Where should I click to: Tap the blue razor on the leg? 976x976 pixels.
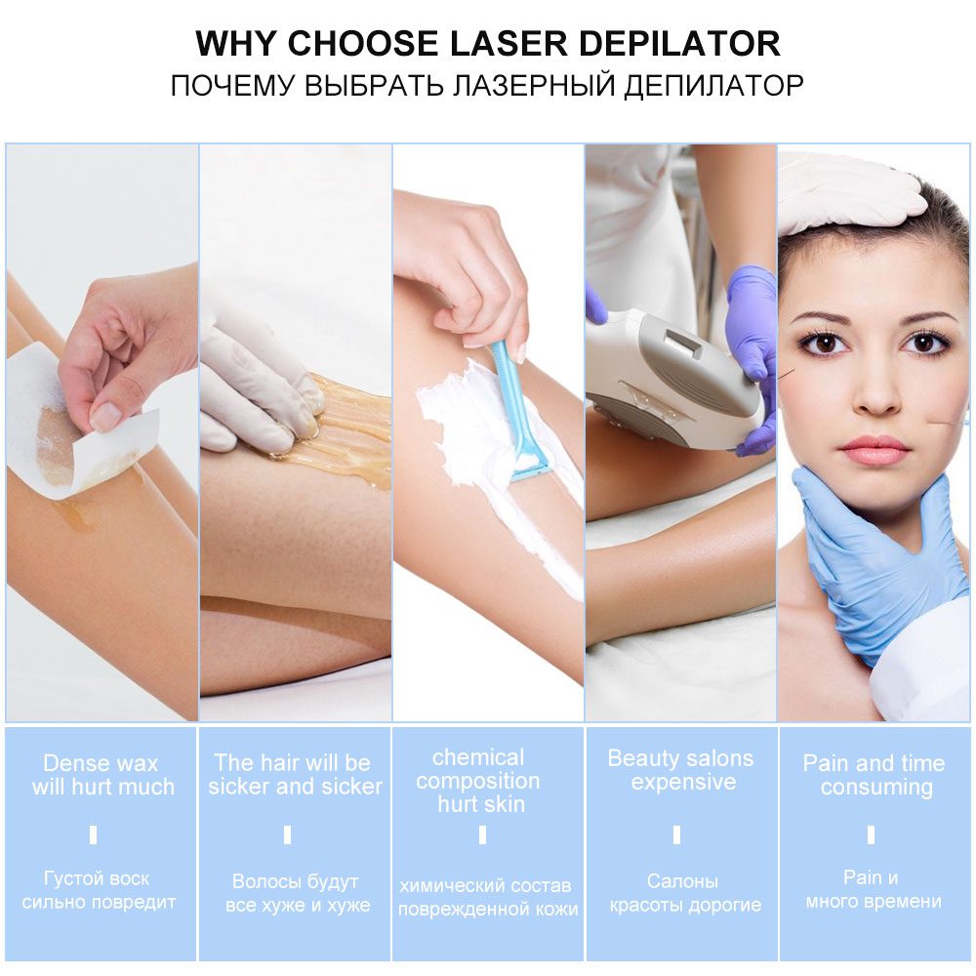tap(514, 410)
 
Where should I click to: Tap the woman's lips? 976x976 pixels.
tap(874, 450)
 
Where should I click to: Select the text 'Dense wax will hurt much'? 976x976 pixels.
tap(102, 775)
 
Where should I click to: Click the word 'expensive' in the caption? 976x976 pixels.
tap(682, 783)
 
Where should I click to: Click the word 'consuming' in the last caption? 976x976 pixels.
tap(875, 788)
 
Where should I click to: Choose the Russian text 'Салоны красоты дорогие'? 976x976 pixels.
tap(683, 893)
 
